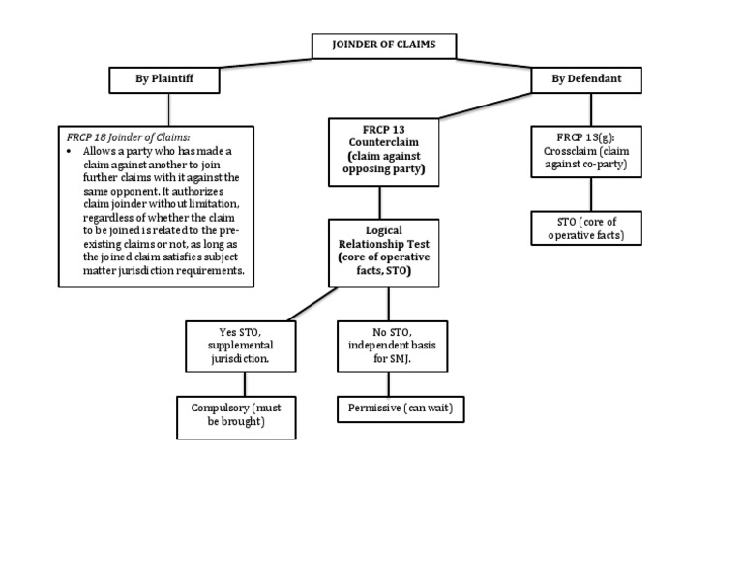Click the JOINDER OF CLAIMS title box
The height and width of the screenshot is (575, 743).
(383, 45)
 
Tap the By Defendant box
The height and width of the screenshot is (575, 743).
(585, 79)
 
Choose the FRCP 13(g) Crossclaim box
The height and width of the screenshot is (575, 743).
(585, 151)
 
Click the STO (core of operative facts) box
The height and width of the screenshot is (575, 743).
(585, 228)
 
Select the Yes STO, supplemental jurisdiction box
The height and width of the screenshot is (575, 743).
(240, 346)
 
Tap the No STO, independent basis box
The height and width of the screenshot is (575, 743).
(392, 346)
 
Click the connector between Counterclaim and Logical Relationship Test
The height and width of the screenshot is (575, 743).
(379, 201)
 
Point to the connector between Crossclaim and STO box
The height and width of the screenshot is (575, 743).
(585, 194)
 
